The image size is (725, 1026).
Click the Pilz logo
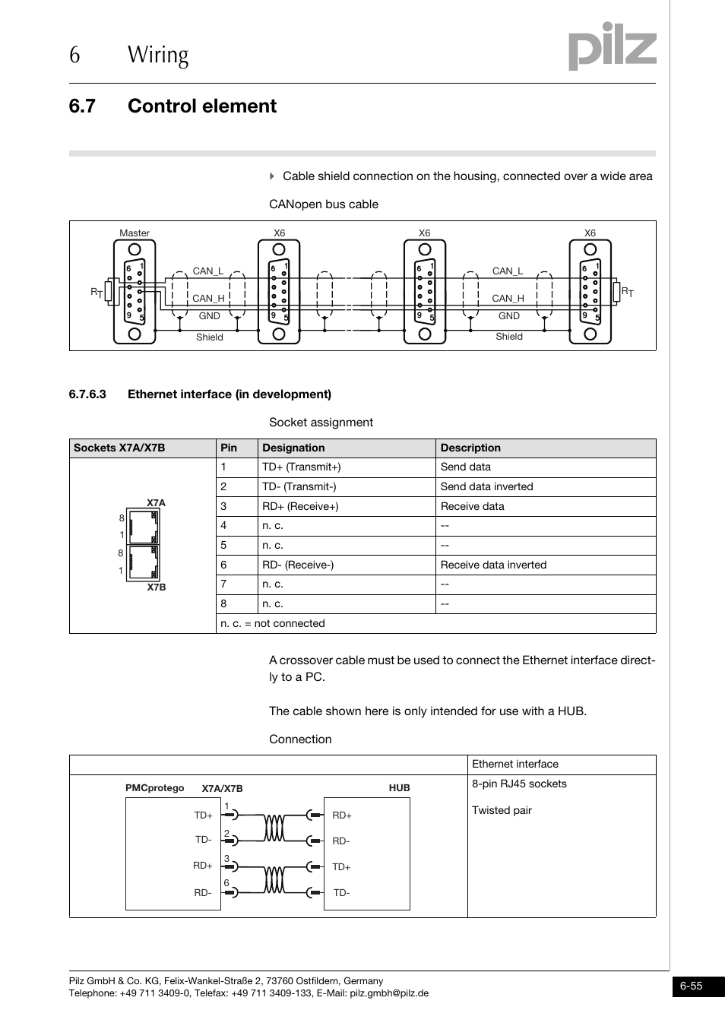612,47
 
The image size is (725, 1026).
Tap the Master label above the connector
135,233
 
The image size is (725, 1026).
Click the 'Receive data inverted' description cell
493,565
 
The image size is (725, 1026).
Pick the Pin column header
229,448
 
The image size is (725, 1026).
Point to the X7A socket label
156,503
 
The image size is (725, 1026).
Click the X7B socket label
156,587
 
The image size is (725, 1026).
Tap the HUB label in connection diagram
399,788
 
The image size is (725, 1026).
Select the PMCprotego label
154,788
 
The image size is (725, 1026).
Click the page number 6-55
691,986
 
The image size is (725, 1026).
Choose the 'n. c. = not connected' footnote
273,623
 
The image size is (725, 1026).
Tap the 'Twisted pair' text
502,810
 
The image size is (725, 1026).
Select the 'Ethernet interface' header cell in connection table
514,765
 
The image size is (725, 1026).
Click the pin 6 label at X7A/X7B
226,883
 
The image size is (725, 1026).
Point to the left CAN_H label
208,299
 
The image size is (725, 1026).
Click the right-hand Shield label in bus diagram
508,337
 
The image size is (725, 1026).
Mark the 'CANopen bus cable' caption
324,204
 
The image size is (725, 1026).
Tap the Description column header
470,448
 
